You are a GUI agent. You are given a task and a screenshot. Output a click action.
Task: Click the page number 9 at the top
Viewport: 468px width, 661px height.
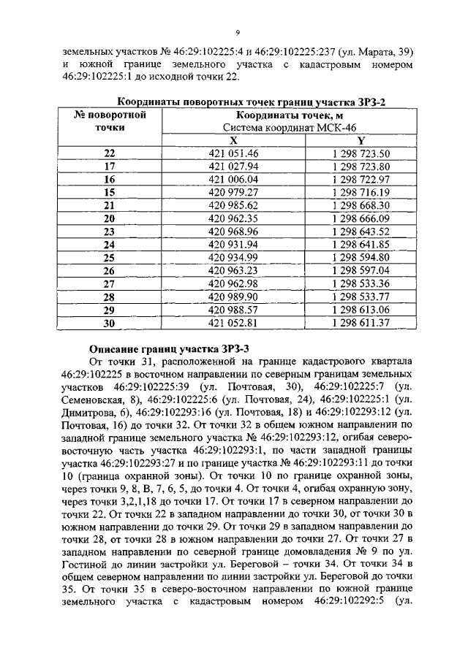click(238, 32)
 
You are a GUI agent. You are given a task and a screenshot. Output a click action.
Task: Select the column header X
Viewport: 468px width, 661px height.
click(234, 140)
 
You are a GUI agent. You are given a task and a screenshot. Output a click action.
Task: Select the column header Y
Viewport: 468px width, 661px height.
click(361, 140)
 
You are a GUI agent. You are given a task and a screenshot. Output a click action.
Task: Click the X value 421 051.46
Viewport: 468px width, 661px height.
click(234, 153)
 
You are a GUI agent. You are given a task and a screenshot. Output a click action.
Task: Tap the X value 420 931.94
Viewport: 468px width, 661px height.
click(234, 244)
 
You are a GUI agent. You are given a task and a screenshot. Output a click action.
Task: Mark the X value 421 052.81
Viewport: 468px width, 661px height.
click(234, 322)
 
